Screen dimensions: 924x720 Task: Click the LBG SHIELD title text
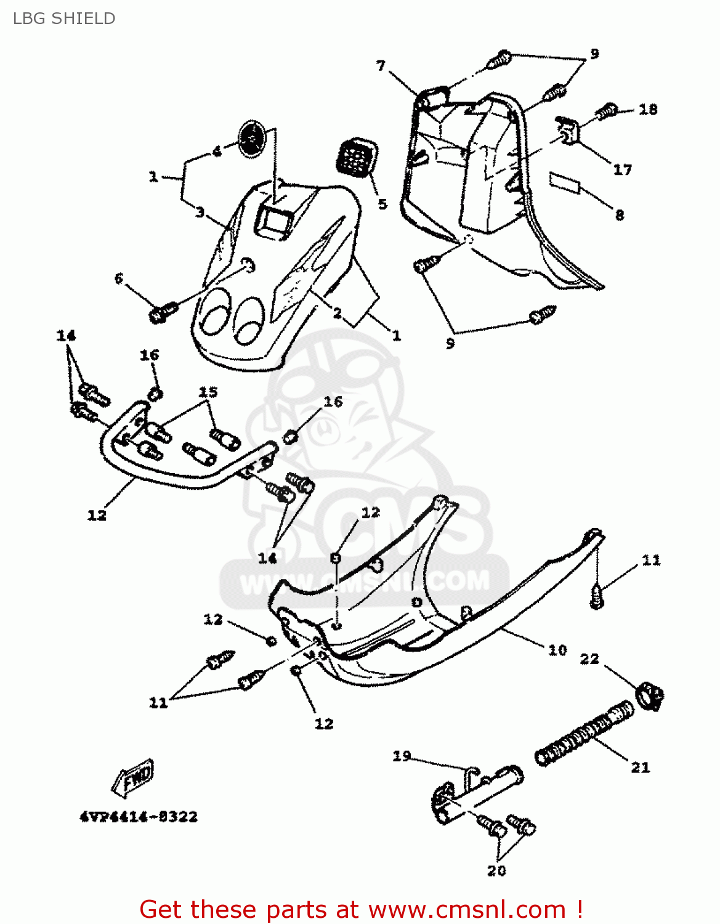coord(64,18)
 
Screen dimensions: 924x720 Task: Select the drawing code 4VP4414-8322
coord(139,817)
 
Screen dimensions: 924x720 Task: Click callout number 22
coord(589,659)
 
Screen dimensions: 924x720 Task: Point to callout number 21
coord(641,767)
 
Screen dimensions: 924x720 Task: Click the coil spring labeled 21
coord(584,733)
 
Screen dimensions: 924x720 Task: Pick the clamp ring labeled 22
coord(649,695)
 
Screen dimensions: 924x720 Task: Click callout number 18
coord(648,109)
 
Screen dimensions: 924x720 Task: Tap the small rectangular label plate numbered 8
coord(565,183)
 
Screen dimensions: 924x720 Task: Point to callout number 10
coord(557,650)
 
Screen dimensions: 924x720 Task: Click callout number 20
coord(496,870)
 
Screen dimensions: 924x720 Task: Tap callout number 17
coord(622,169)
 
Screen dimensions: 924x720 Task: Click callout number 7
coord(381,65)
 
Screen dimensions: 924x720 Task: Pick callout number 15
coord(208,392)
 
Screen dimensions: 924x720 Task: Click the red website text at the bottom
coord(361,909)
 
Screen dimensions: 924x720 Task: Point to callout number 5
coord(382,204)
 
